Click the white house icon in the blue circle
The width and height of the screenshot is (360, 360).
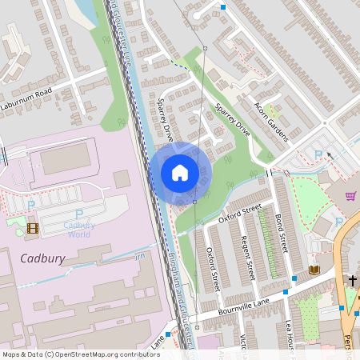180,173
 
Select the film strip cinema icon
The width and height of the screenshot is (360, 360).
32,228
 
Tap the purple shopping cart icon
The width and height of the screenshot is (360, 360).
350,195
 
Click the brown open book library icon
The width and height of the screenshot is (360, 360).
314,270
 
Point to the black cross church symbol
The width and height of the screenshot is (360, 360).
352,280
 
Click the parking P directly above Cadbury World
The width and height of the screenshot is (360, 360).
79,214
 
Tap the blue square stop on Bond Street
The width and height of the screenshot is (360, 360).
295,278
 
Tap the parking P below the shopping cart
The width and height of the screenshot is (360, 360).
338,221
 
